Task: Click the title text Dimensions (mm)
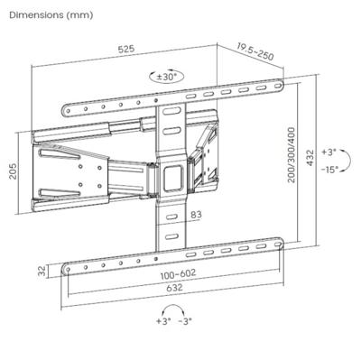click(50, 15)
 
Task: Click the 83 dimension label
click(196, 214)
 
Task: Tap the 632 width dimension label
click(175, 289)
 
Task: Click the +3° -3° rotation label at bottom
click(173, 322)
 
